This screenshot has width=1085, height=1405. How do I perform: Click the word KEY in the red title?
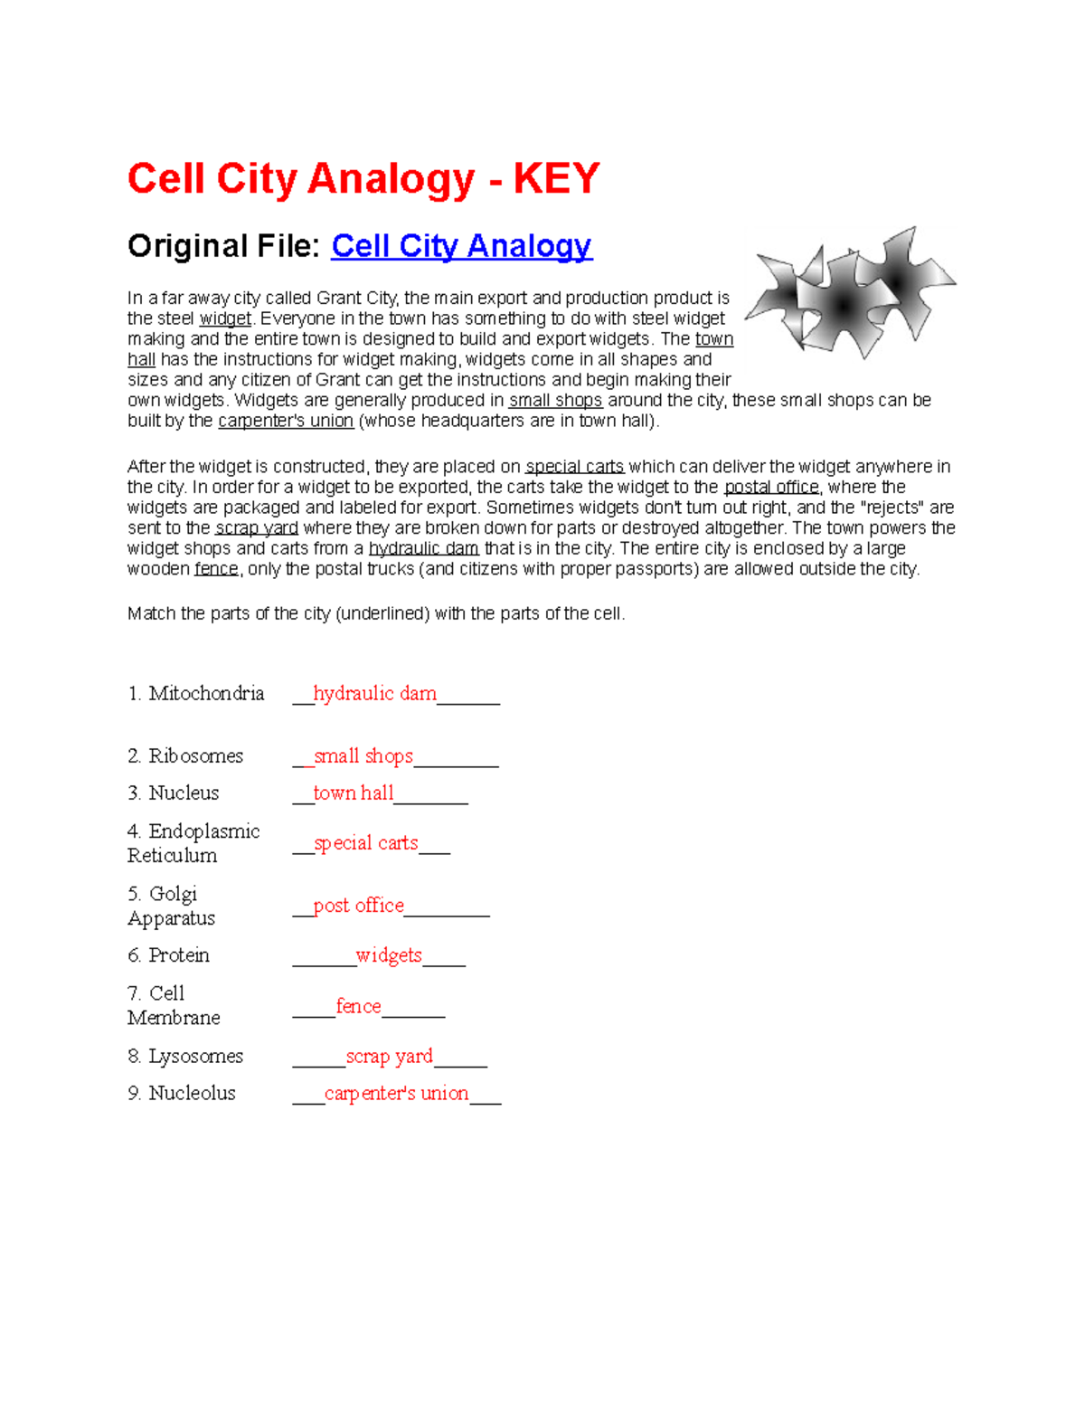(556, 178)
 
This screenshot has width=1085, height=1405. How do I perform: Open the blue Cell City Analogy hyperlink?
(461, 246)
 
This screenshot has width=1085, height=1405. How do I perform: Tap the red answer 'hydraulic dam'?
(374, 694)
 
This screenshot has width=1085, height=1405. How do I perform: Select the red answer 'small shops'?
(363, 756)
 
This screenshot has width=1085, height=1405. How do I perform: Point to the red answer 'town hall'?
(353, 793)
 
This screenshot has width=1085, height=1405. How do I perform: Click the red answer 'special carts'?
(365, 843)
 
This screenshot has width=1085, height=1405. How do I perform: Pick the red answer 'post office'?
(358, 906)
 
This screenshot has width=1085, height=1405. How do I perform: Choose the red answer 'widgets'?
(389, 955)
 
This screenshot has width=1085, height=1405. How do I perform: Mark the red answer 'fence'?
(358, 1006)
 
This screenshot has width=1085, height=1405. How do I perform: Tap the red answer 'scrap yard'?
(389, 1057)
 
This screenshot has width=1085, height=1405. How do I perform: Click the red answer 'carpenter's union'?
(396, 1094)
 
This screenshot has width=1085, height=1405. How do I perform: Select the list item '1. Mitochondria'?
(196, 694)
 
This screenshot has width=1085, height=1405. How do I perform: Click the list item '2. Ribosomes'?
(185, 756)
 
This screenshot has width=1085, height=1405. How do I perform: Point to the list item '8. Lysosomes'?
(185, 1057)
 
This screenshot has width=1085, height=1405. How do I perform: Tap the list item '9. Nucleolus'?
(182, 1094)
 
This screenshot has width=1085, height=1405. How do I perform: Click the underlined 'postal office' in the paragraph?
(771, 488)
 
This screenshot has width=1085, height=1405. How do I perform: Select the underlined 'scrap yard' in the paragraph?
(257, 528)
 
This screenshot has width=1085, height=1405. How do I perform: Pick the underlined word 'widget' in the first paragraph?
(225, 319)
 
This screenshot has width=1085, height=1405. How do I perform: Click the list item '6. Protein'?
(169, 955)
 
